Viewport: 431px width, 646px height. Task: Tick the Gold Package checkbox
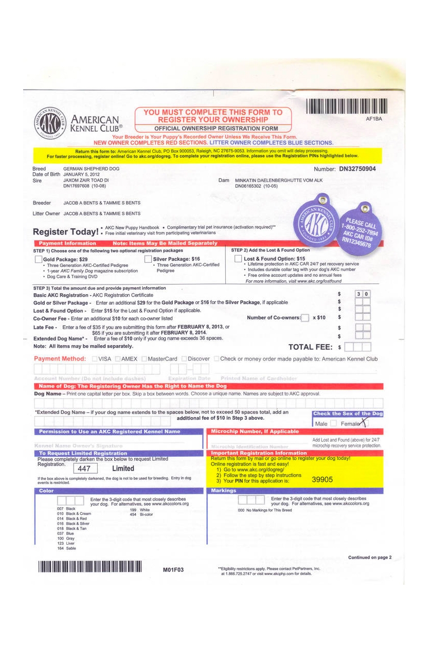pyautogui.click(x=38, y=259)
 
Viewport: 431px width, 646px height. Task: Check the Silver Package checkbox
pyautogui.click(x=148, y=259)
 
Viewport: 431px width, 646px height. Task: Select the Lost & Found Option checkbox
pyautogui.click(x=238, y=259)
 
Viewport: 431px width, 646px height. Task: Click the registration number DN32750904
pyautogui.click(x=357, y=169)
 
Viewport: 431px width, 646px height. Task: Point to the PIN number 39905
pyautogui.click(x=322, y=479)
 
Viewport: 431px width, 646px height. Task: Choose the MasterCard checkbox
pyautogui.click(x=145, y=358)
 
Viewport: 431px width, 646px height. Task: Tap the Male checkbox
pyautogui.click(x=333, y=423)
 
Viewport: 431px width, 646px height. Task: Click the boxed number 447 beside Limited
pyautogui.click(x=85, y=469)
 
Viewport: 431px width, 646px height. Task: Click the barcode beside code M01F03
pyautogui.click(x=89, y=567)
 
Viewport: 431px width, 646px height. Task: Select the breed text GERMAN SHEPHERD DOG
pyautogui.click(x=91, y=169)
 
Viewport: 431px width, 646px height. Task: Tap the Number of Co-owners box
pyautogui.click(x=305, y=318)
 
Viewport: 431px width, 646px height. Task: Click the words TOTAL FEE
pyautogui.click(x=310, y=347)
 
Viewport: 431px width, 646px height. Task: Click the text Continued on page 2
pyautogui.click(x=370, y=557)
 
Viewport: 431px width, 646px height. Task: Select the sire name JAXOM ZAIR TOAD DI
pyautogui.click(x=86, y=181)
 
